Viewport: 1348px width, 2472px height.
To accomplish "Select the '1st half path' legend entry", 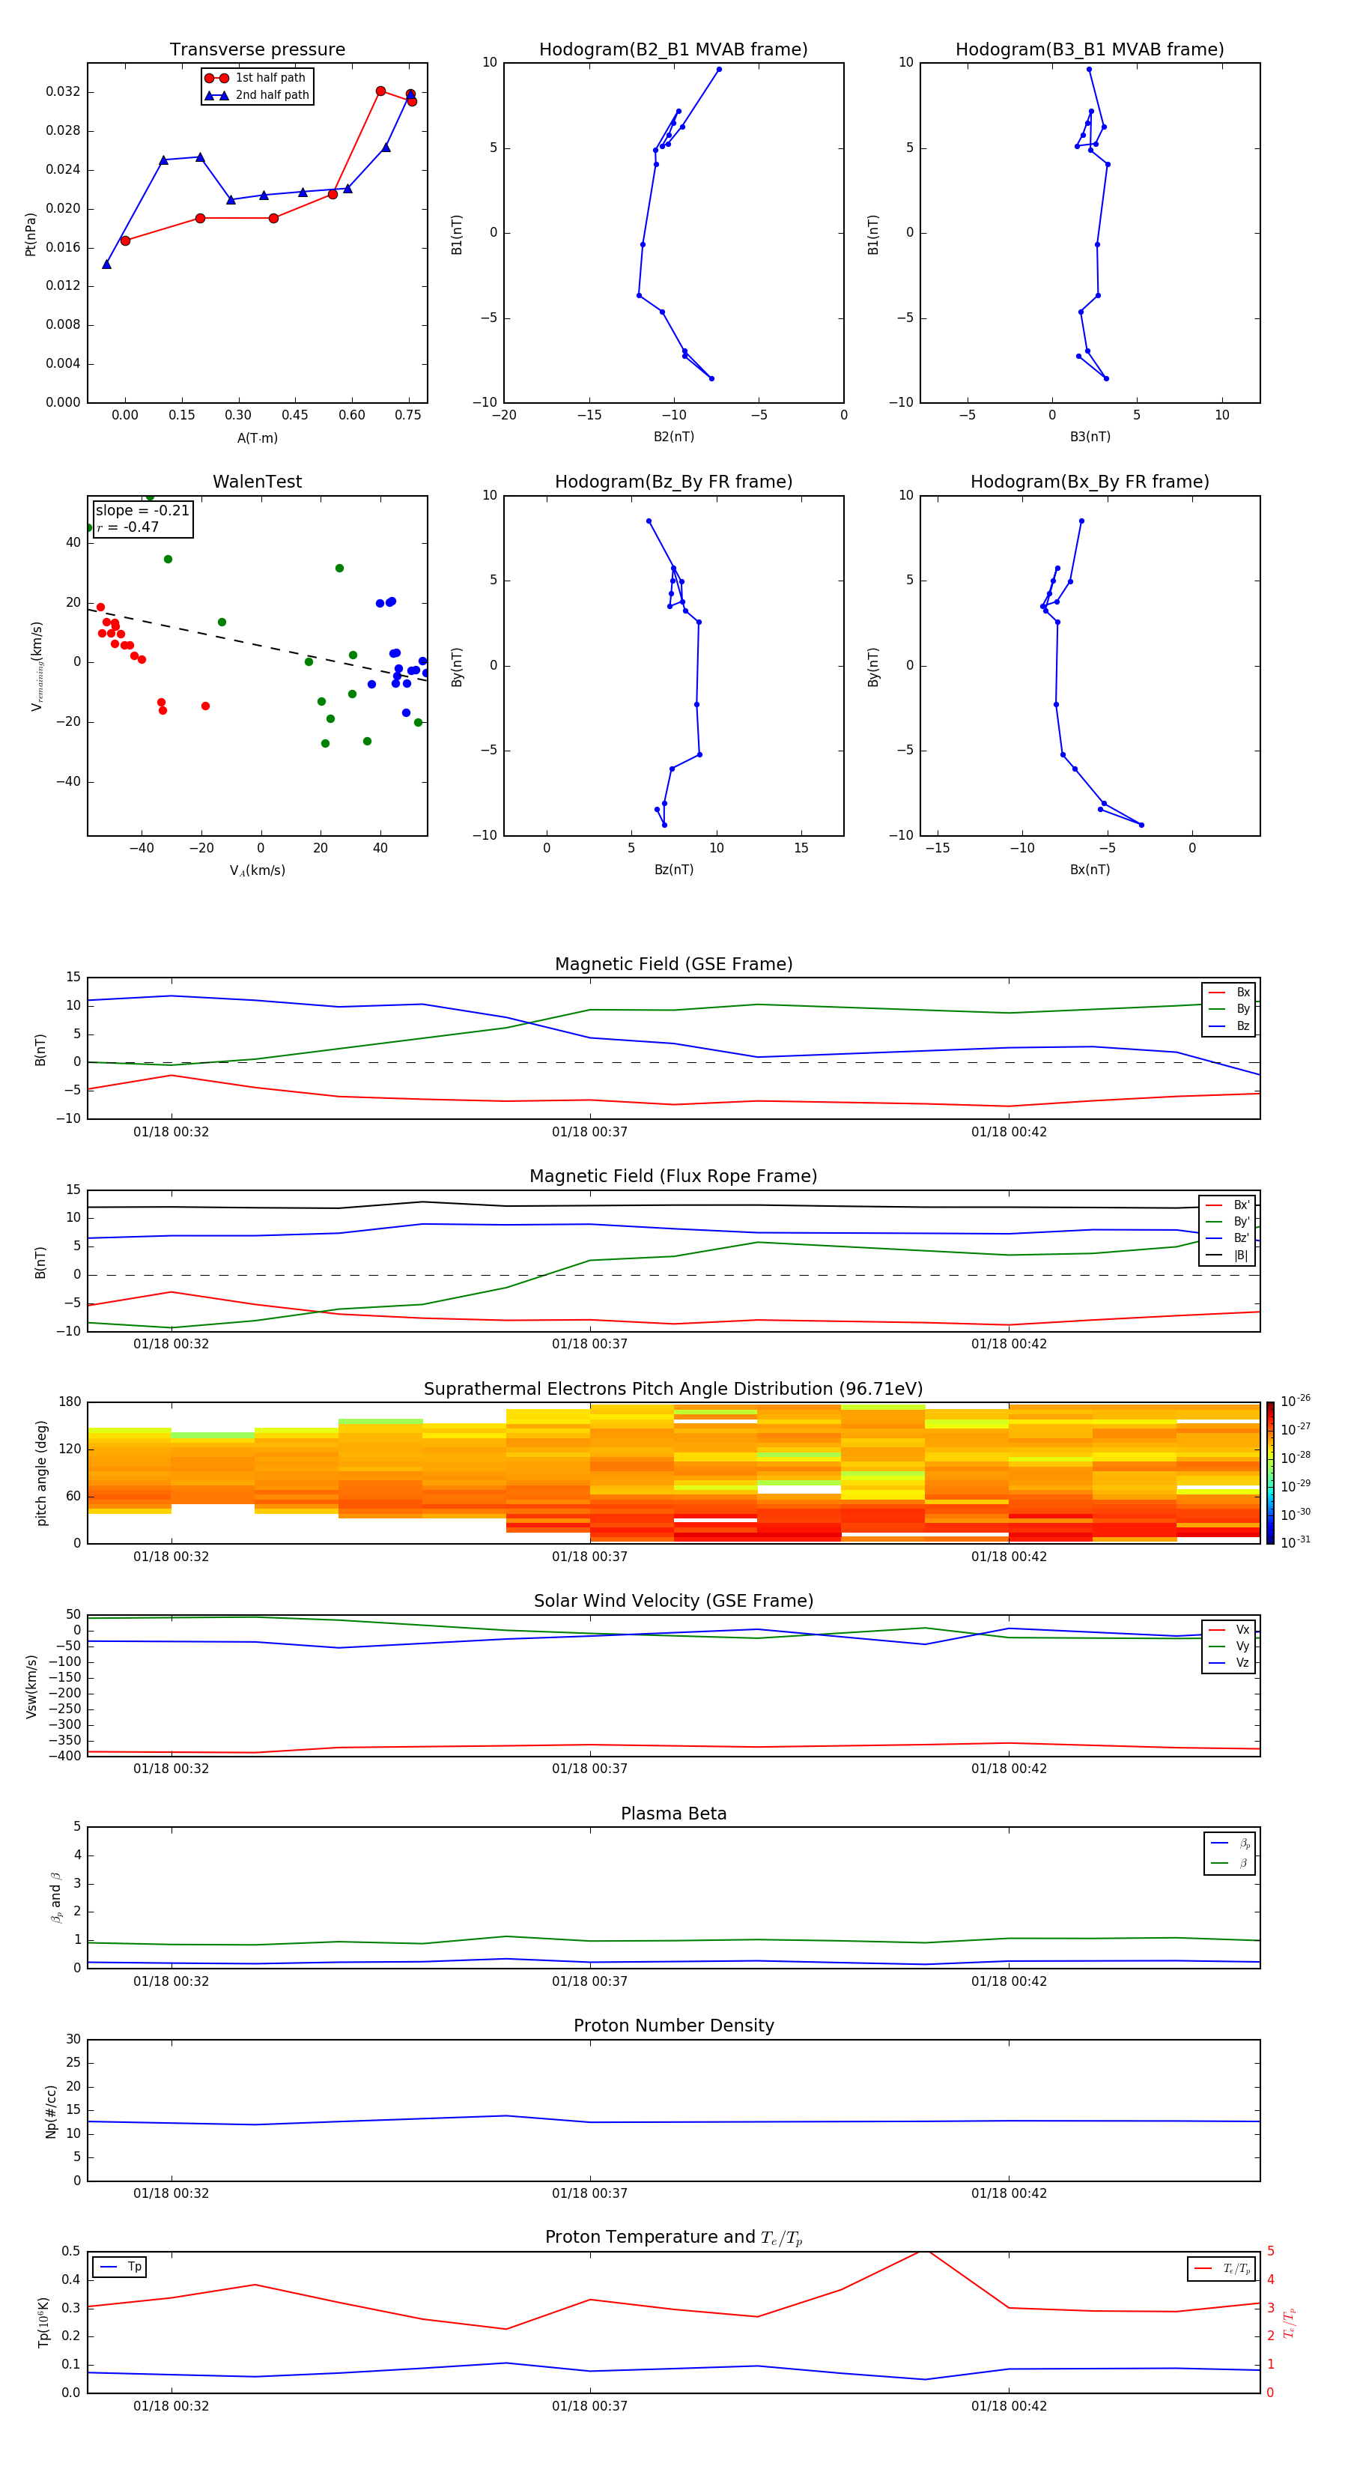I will tap(270, 78).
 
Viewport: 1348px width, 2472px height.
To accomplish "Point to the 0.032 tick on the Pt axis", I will tap(64, 92).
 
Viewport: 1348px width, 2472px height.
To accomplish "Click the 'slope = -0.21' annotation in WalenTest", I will tap(142, 511).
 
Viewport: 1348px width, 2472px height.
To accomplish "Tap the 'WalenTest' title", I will tap(257, 482).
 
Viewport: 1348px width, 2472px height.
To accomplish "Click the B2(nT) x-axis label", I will tap(673, 437).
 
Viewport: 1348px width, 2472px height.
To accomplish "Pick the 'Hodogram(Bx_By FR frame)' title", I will tap(1089, 482).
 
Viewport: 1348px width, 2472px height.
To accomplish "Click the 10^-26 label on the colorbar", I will tap(1296, 1401).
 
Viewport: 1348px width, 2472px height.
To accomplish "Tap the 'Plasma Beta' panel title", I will tap(673, 1814).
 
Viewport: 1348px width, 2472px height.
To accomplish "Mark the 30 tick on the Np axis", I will tap(73, 2039).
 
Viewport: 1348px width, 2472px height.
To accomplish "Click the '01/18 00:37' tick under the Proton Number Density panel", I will tap(589, 2193).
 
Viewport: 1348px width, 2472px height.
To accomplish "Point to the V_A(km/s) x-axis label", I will tap(257, 870).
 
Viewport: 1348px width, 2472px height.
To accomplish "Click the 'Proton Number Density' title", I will tap(673, 2026).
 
